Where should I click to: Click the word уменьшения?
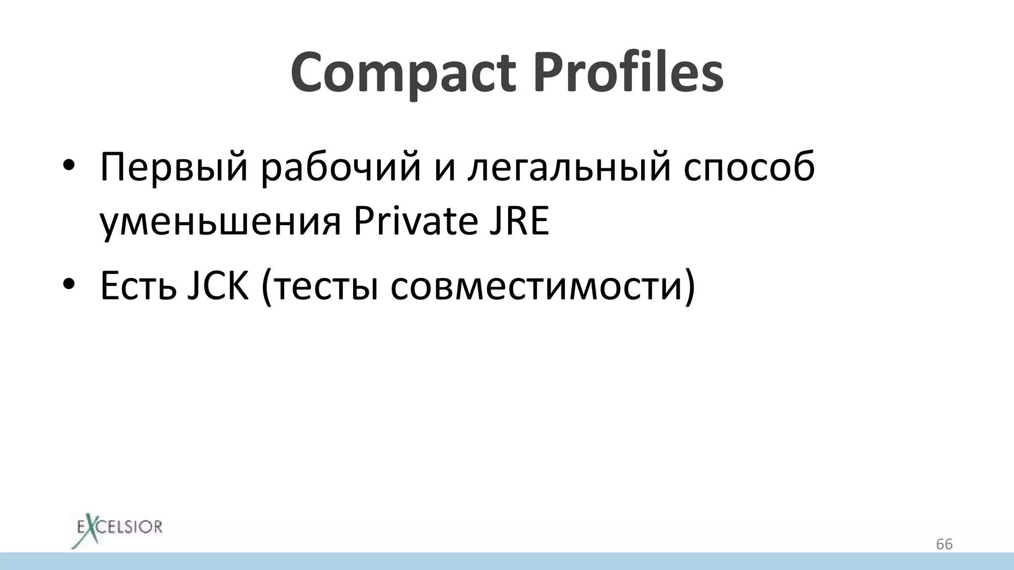tap(220, 222)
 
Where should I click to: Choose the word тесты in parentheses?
tap(327, 286)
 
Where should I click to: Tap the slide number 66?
tap(944, 544)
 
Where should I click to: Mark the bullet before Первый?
tap(69, 167)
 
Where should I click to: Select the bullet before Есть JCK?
tap(69, 285)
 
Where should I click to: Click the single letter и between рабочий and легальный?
tap(444, 168)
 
